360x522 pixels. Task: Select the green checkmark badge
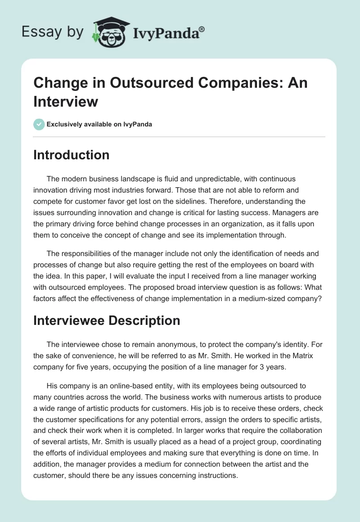[x=39, y=124]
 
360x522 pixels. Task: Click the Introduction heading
[x=72, y=155]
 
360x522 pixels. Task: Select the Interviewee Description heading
[x=107, y=320]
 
